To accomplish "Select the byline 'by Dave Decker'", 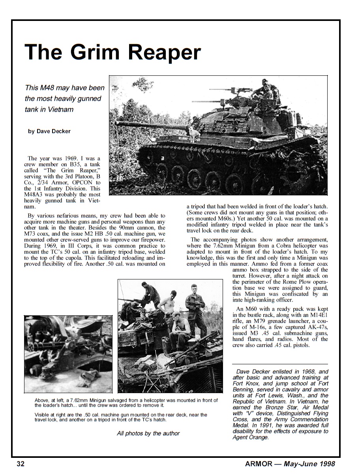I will (49, 131).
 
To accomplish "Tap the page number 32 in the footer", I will (21, 464).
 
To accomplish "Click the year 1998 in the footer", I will (326, 464).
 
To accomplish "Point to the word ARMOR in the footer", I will (259, 464).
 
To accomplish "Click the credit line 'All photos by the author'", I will (148, 433).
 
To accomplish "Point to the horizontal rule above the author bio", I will (280, 364).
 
